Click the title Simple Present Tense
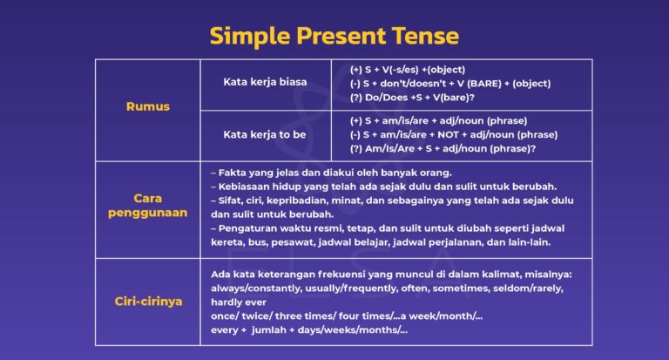click(x=334, y=36)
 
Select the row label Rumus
click(x=147, y=106)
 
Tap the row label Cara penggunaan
click(x=147, y=206)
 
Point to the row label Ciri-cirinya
click(x=147, y=302)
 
